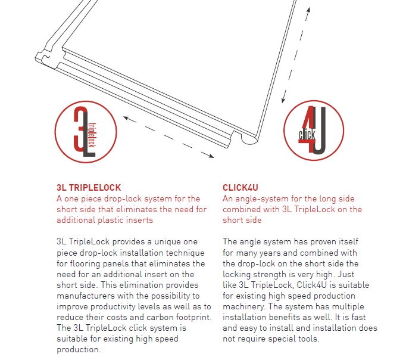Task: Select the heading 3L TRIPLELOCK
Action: (x=89, y=188)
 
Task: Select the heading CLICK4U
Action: (x=241, y=188)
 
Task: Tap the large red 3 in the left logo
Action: (x=80, y=129)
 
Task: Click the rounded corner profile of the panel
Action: (x=246, y=139)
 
